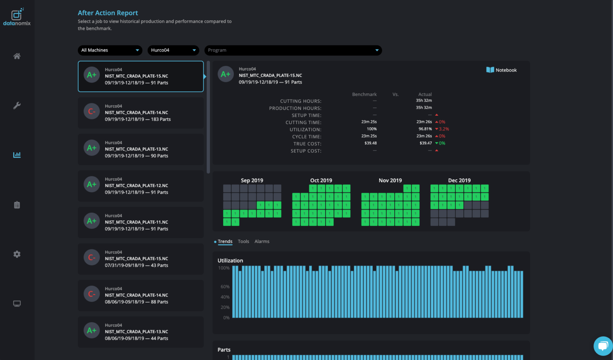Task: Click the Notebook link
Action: pos(502,70)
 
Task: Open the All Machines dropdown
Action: pos(110,50)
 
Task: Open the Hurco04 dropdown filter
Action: pos(173,50)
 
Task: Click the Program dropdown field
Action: pos(293,50)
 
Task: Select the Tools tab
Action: pos(243,241)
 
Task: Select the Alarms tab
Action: pos(262,241)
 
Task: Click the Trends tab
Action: pos(225,241)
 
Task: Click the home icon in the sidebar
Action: pos(17,56)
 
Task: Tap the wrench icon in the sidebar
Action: pos(17,105)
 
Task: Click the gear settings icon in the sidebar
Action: pos(17,254)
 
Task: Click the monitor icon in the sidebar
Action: pos(17,304)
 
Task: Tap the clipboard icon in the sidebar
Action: pos(17,205)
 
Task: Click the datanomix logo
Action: pos(17,17)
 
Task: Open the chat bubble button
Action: pos(603,346)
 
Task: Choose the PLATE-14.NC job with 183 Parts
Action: pos(140,113)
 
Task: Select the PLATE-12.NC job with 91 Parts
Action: pos(140,186)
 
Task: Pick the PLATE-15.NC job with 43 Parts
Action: pos(140,259)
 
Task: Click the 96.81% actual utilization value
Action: pos(425,129)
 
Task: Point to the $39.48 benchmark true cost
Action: pos(370,143)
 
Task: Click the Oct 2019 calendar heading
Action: pos(321,180)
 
